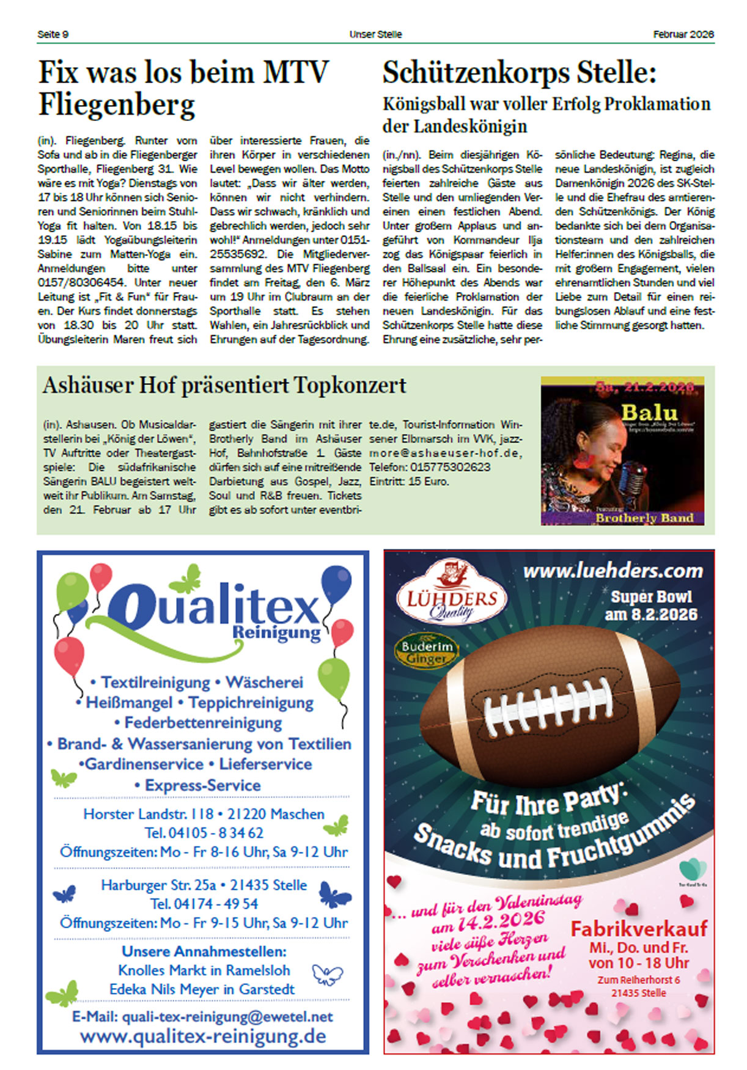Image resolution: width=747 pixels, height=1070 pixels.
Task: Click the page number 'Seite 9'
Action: pos(53,34)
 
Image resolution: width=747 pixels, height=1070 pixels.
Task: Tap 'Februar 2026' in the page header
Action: pos(683,34)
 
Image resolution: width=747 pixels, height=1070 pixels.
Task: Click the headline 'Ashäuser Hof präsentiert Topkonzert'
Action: pos(224,386)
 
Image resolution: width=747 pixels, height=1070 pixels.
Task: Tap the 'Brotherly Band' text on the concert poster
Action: pos(644,518)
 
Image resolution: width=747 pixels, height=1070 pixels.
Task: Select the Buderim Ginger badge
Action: pos(426,652)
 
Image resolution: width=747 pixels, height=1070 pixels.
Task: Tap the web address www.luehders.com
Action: pos(613,571)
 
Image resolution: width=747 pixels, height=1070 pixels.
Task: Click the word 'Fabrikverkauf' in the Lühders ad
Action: pos(639,928)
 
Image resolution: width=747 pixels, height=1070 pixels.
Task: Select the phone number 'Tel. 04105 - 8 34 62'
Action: pos(204,833)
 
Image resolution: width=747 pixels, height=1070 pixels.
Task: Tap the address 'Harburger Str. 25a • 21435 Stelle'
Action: pos(204,885)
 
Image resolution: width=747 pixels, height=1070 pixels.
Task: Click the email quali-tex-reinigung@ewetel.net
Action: pos(202,1016)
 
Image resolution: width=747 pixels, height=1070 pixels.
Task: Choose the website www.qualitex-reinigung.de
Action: pos(202,1036)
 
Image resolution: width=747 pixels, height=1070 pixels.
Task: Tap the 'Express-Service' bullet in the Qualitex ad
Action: pos(202,785)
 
